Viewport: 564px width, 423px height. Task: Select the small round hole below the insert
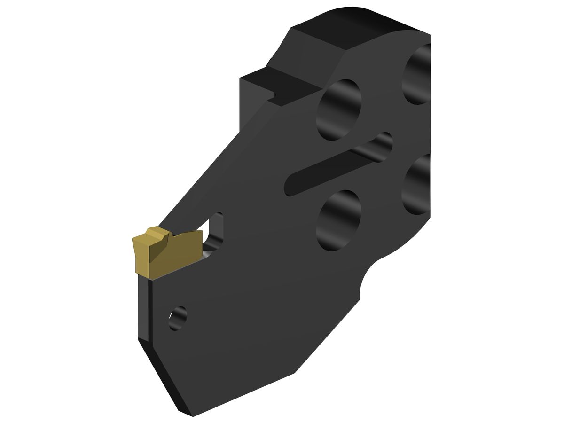coord(178,317)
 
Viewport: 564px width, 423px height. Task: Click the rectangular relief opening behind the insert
coord(214,230)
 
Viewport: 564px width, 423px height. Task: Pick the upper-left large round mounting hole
coord(339,109)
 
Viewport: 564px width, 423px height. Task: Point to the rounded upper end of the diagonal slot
coord(383,143)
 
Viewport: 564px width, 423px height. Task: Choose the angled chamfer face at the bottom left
coord(164,376)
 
